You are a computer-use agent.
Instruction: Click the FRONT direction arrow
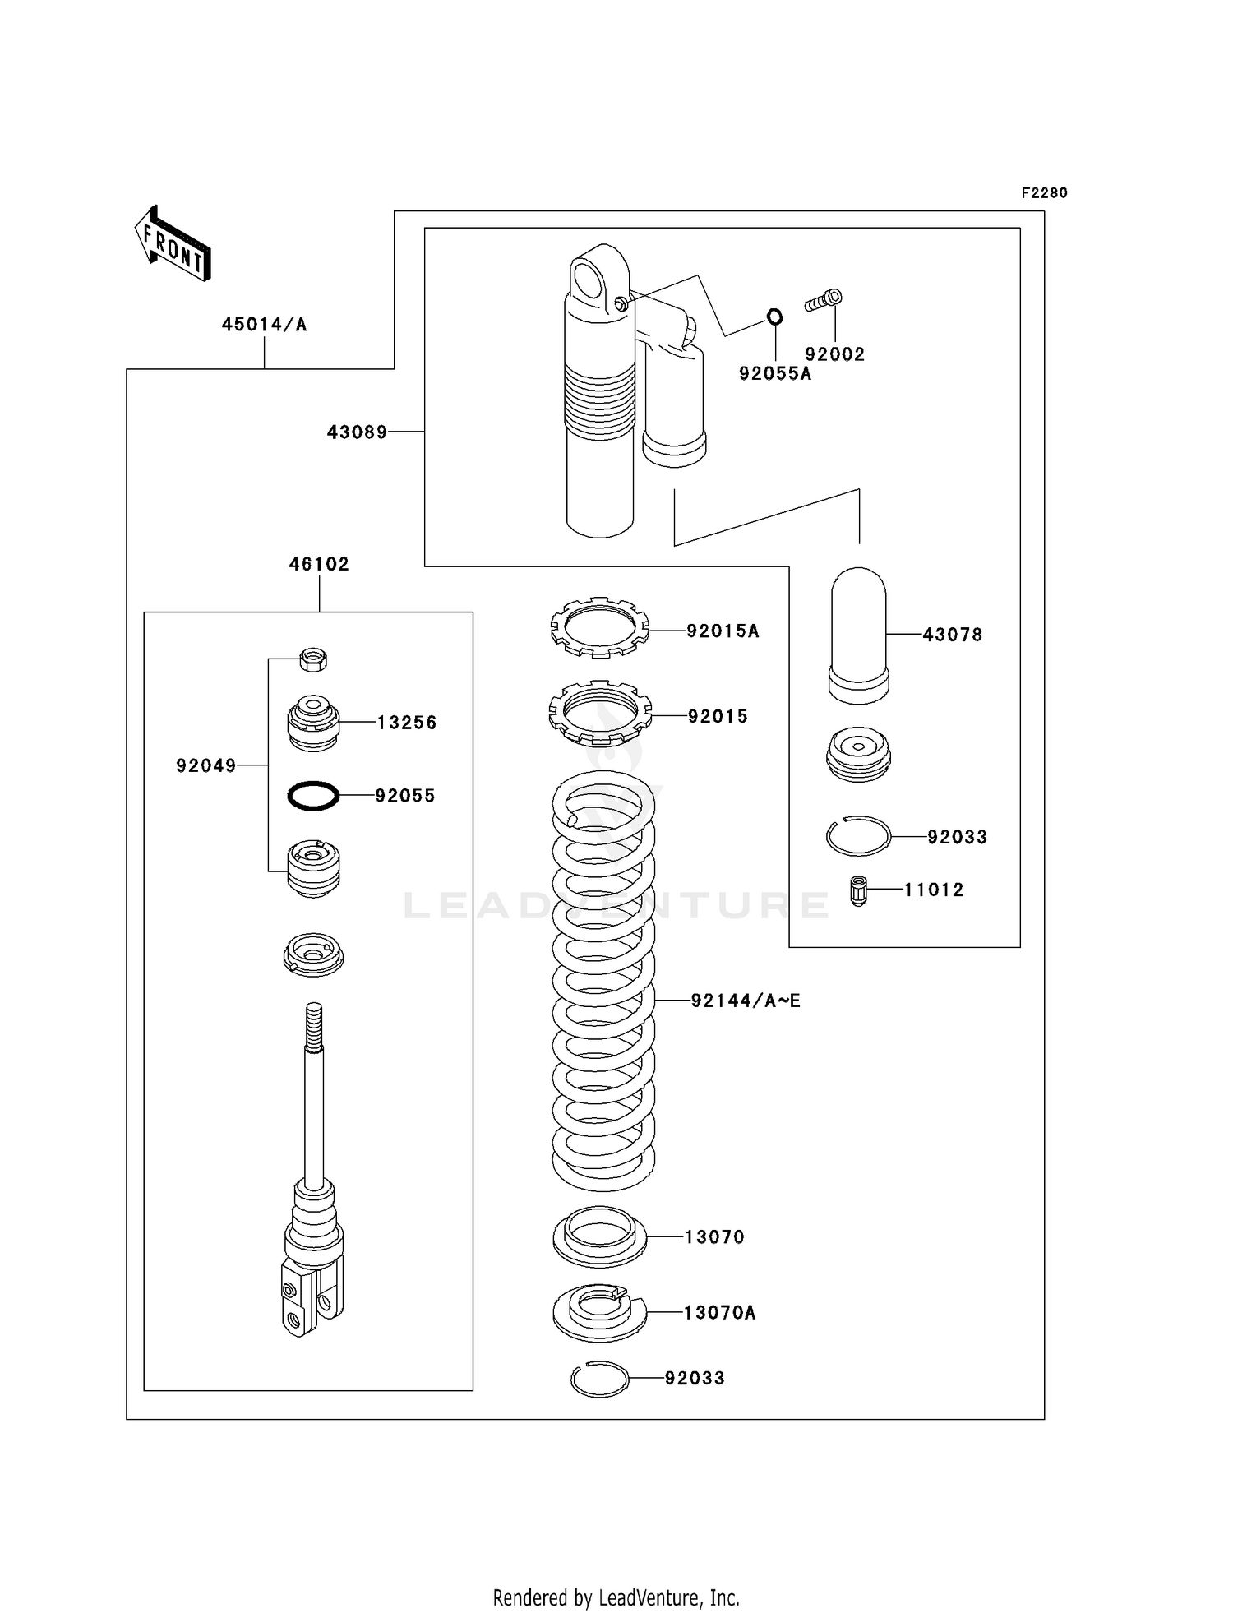point(173,243)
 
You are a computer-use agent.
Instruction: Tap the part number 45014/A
point(264,325)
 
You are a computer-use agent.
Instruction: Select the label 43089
point(357,432)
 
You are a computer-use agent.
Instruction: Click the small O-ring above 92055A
point(774,316)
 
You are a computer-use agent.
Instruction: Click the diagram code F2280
point(1044,193)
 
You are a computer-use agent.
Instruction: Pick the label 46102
point(319,564)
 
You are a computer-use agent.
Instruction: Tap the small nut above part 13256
point(313,659)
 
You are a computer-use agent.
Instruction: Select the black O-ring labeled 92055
point(313,796)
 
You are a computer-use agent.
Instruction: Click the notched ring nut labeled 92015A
point(599,628)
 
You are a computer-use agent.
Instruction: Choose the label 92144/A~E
point(745,1001)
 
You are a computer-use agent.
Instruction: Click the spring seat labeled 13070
point(599,1236)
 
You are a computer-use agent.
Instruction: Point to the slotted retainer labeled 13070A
point(599,1311)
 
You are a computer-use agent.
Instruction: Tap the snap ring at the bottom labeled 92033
point(599,1379)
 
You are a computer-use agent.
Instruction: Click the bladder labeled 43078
point(858,635)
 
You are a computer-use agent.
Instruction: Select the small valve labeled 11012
point(858,890)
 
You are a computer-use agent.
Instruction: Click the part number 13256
point(407,723)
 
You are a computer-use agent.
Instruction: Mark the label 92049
point(205,766)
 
